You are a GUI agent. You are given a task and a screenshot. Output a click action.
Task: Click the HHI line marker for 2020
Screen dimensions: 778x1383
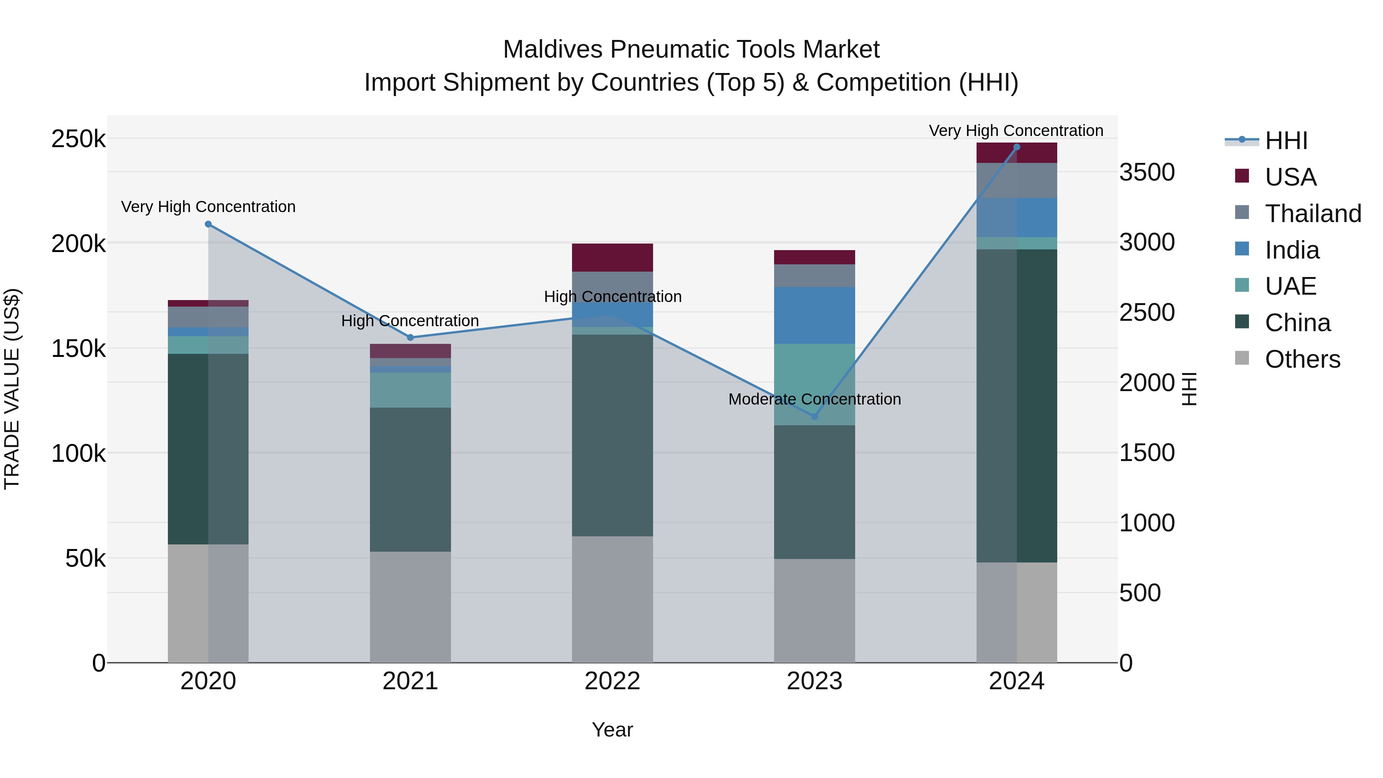(x=208, y=224)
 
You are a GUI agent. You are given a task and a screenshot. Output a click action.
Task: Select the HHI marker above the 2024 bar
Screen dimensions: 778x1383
(x=1016, y=147)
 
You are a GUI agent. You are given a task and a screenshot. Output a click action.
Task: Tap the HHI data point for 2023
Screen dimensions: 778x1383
(x=814, y=416)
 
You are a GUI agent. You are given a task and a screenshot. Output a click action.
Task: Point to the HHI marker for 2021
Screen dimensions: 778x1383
(x=410, y=337)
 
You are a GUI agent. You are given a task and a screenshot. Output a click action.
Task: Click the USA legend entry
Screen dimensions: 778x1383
(x=1290, y=177)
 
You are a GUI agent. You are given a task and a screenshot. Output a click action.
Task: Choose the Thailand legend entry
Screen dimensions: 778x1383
(x=1313, y=214)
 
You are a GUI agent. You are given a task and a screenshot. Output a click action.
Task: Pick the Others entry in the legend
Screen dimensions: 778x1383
(x=1302, y=359)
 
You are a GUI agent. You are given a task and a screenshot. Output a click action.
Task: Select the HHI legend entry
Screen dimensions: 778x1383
(x=1286, y=141)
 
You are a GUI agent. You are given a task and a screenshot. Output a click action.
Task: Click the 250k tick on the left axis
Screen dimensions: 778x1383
(x=78, y=139)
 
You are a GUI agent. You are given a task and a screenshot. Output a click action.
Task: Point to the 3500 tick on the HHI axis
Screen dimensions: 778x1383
(x=1147, y=173)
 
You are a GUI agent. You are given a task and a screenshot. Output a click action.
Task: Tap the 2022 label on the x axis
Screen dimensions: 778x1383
(x=612, y=681)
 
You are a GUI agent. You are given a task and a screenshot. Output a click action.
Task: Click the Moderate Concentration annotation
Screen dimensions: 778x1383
(x=814, y=399)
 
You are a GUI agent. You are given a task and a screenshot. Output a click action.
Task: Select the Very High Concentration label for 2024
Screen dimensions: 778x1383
(x=1016, y=131)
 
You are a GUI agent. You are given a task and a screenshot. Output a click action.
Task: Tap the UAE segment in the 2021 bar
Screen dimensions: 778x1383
(x=410, y=390)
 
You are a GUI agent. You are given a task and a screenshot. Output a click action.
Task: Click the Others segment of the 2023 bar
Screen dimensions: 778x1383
(x=814, y=610)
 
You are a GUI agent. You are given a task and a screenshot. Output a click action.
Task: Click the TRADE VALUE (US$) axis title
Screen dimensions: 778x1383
(x=12, y=389)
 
